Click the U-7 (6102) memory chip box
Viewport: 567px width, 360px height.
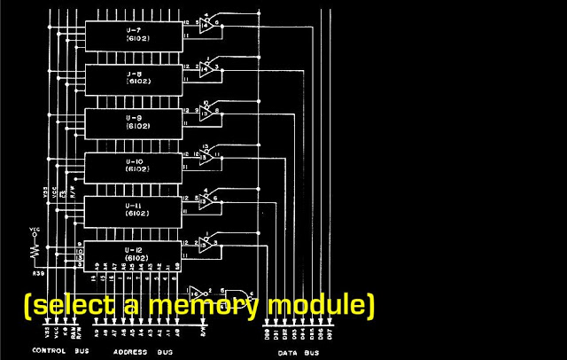pos(133,34)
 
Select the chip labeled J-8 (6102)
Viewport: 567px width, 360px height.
pos(133,77)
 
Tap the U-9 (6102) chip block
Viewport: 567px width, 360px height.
pos(133,121)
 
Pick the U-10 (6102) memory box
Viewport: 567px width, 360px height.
pos(133,165)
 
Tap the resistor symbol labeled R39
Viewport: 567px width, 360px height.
pos(35,251)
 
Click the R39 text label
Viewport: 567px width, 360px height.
pos(38,274)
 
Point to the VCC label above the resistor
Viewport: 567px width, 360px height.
pos(35,229)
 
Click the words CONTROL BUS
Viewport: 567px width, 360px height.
pos(57,351)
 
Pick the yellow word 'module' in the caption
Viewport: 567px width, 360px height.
pos(315,306)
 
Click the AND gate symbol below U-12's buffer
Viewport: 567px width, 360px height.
pos(237,295)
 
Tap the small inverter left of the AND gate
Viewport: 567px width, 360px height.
pos(200,291)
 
